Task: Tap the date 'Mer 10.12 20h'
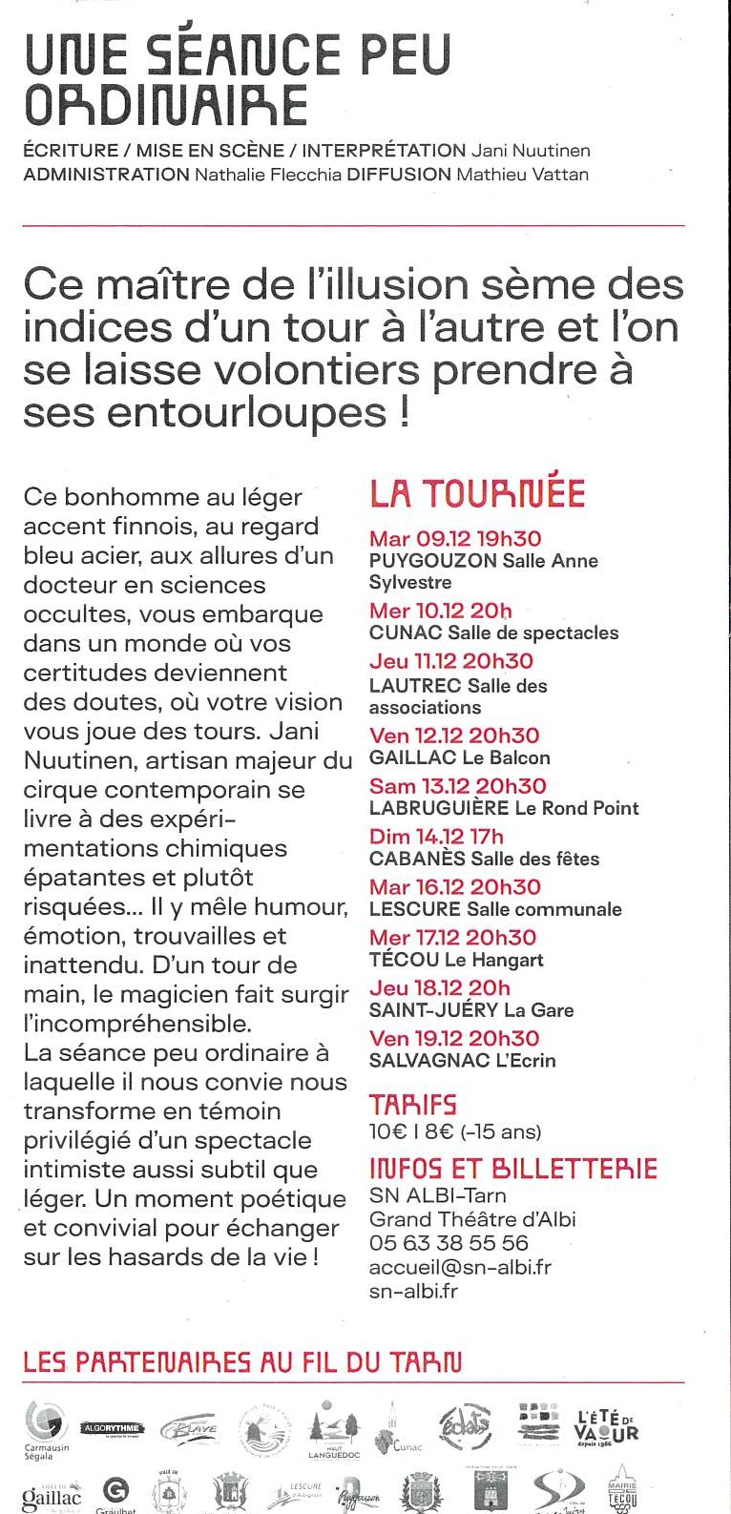[441, 611]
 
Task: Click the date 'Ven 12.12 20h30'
[454, 736]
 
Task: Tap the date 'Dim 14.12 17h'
[436, 837]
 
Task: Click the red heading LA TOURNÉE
[477, 493]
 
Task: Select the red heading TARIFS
[413, 1105]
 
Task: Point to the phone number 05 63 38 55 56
[449, 1243]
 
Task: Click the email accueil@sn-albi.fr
[460, 1267]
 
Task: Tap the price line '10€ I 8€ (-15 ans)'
[455, 1132]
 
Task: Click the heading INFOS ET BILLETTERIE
[513, 1169]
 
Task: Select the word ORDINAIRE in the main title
[166, 105]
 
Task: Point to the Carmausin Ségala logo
[45, 1428]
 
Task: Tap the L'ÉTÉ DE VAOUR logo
[607, 1426]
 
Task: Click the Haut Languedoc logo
[331, 1431]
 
